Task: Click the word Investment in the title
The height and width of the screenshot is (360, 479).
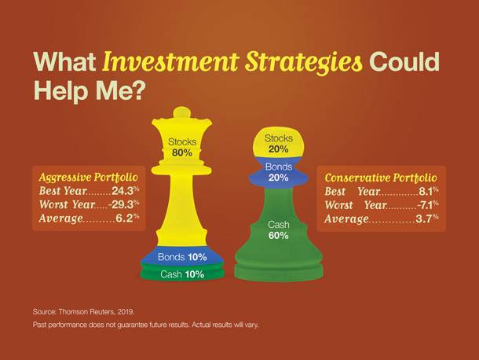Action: (170, 61)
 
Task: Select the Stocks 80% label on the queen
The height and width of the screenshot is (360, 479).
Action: (182, 147)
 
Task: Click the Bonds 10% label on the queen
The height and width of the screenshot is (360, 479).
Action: (182, 257)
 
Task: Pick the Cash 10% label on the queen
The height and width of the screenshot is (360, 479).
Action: (182, 274)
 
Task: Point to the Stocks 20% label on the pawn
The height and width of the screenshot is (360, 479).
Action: (278, 144)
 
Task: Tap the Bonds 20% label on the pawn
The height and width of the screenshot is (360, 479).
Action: (278, 172)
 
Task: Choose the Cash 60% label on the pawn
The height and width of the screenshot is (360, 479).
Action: (278, 230)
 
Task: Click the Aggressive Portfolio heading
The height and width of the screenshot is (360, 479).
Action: (88, 178)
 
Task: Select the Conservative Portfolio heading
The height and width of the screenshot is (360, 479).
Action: (381, 178)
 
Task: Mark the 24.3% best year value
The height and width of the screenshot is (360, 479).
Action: (126, 191)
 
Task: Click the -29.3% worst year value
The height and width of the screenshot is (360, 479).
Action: (124, 204)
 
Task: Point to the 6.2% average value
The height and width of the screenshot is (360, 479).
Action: (127, 218)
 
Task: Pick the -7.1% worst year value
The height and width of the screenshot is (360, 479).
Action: (428, 205)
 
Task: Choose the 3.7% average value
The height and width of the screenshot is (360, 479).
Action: (427, 219)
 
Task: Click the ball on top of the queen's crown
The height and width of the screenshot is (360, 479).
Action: (181, 112)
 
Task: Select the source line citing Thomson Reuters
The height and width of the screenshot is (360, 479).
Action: (83, 312)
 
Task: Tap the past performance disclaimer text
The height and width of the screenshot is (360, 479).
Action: (146, 325)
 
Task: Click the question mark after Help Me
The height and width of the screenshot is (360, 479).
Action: (138, 90)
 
